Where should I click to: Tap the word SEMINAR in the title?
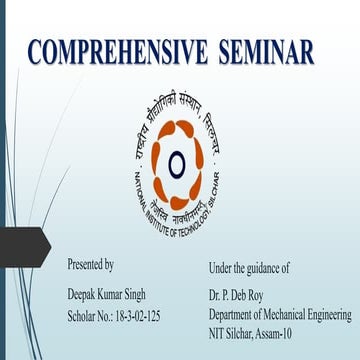point(267,52)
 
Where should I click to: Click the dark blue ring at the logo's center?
point(177,161)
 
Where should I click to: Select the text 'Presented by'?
point(90,265)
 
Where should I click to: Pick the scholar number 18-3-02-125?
point(135,316)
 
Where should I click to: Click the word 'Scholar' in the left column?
point(83,316)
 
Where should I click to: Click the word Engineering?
point(331,315)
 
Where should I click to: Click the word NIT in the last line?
point(217,335)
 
